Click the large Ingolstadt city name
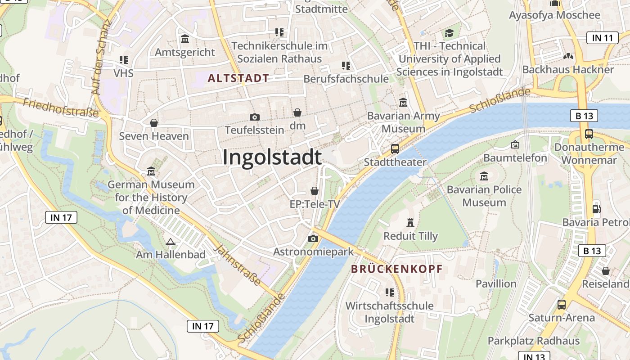click(x=272, y=157)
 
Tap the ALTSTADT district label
click(x=238, y=78)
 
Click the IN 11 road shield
click(x=603, y=38)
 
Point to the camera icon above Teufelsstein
click(x=254, y=117)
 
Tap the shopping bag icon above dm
click(x=297, y=112)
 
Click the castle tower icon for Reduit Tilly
click(x=410, y=222)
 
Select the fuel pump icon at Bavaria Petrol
click(x=597, y=209)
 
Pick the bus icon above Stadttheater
click(x=395, y=148)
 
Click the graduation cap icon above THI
click(x=449, y=33)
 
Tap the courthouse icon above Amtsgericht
click(x=185, y=39)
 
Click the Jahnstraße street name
click(x=237, y=265)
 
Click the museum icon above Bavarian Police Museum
click(x=484, y=176)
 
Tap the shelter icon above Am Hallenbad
click(x=170, y=242)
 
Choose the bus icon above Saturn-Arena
click(x=562, y=304)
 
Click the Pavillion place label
click(x=496, y=283)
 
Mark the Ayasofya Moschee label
click(x=554, y=15)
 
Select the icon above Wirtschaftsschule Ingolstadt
click(x=390, y=292)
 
